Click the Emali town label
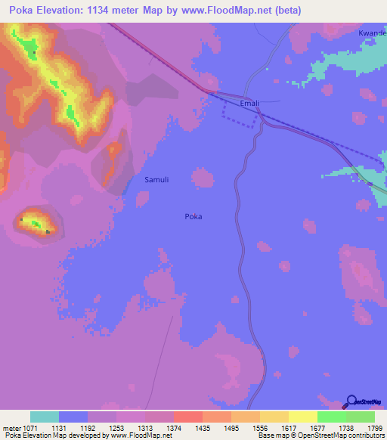tap(249, 103)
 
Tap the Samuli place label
tap(156, 179)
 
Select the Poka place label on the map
tap(193, 216)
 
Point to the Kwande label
tap(372, 35)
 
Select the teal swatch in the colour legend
tap(45, 417)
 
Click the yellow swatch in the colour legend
tap(302, 417)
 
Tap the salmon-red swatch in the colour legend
tap(187, 417)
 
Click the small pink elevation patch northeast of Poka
tap(202, 178)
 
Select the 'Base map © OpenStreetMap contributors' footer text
tap(321, 435)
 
